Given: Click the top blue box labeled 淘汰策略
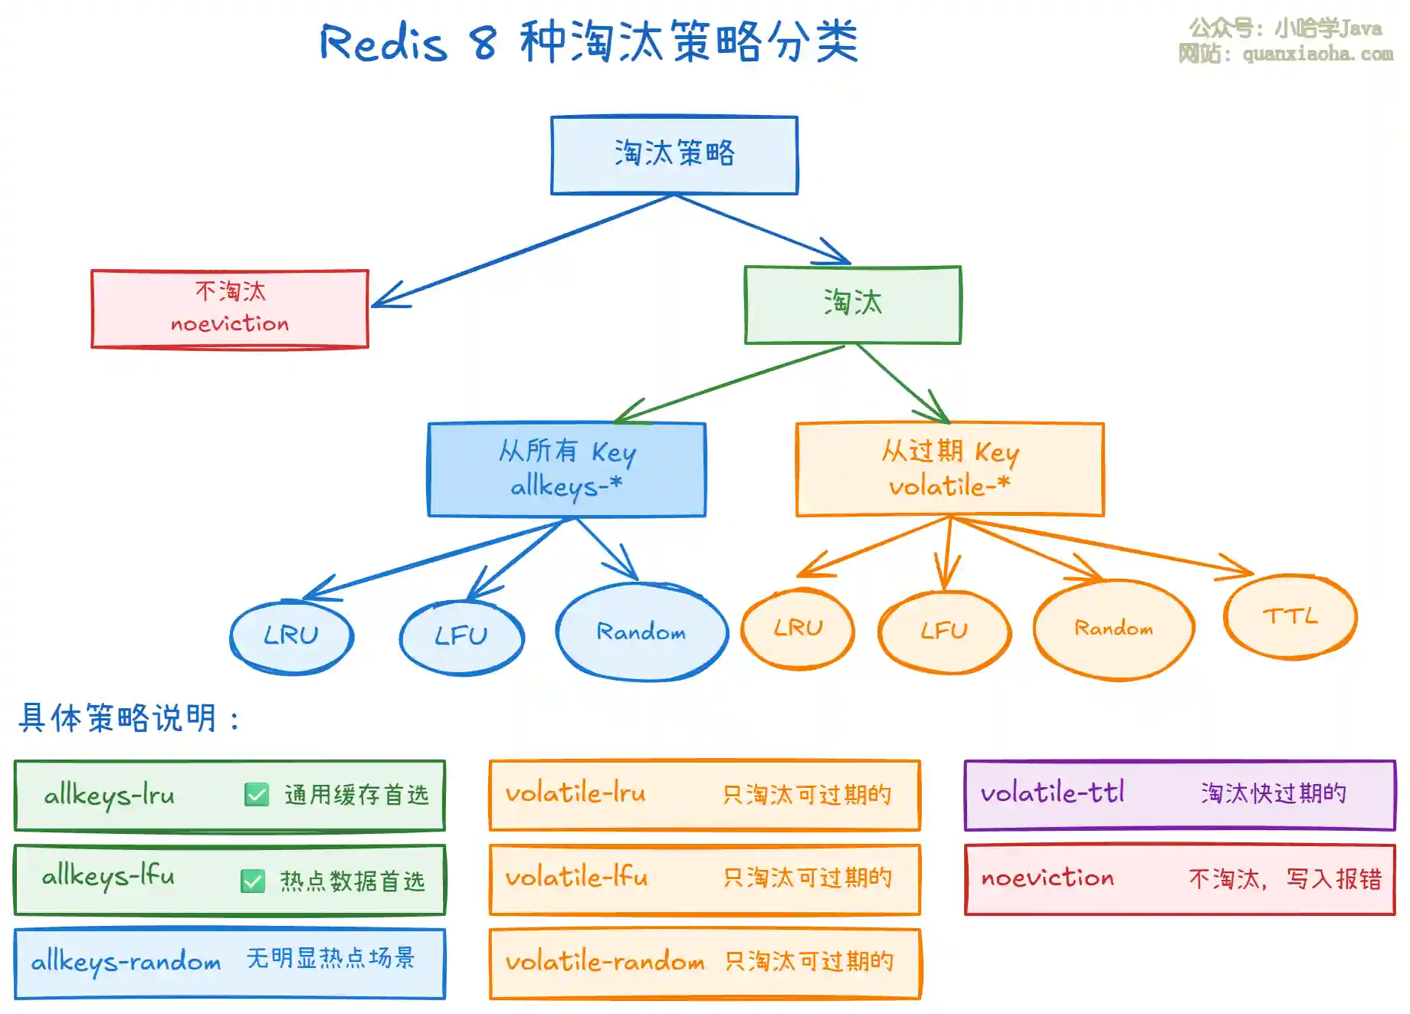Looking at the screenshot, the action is (674, 155).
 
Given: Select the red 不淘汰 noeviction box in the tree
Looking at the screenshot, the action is (230, 308).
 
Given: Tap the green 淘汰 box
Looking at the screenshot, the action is (853, 304).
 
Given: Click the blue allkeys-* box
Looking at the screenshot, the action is (567, 469).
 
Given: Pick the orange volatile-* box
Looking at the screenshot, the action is (950, 469).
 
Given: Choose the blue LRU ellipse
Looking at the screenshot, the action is (292, 636).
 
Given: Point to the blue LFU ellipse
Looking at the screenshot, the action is (462, 636).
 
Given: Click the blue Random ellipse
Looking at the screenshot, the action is (642, 632).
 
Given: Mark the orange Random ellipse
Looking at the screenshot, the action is (1114, 629).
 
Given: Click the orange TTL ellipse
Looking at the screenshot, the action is (1290, 616).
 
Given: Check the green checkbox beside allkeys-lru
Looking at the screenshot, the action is (257, 795).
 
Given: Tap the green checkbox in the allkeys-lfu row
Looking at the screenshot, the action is (253, 881).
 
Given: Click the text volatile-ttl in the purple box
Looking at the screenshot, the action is (1053, 792).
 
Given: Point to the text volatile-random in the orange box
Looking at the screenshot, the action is (605, 961).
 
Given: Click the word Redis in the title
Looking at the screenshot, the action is (384, 42).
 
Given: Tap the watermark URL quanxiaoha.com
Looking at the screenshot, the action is (1318, 54).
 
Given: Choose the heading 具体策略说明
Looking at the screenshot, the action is (119, 718).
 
